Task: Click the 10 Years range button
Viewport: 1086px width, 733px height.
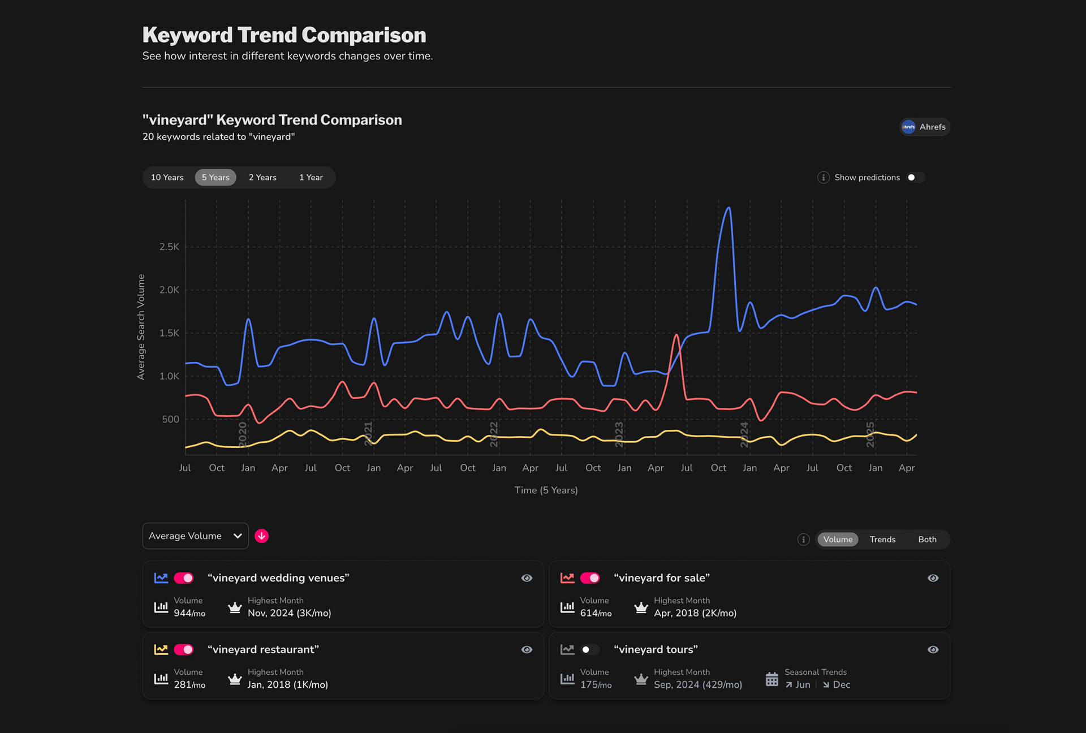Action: point(167,178)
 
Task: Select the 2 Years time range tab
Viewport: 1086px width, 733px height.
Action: point(262,178)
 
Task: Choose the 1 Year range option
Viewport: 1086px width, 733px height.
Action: point(311,178)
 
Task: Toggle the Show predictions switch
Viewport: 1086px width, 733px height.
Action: point(915,178)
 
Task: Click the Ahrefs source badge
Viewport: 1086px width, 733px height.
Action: point(925,127)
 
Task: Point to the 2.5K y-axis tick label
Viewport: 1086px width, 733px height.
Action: point(169,247)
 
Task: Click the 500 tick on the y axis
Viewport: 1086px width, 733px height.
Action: point(170,419)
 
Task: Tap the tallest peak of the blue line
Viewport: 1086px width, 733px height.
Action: point(729,208)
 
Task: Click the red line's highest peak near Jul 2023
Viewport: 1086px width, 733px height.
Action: point(676,335)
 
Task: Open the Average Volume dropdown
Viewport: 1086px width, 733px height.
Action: point(195,536)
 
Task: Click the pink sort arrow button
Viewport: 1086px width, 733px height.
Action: point(261,536)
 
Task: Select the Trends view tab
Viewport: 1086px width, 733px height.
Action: point(882,540)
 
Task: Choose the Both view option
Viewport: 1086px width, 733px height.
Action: point(927,540)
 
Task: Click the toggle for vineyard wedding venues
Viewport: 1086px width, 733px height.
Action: point(184,578)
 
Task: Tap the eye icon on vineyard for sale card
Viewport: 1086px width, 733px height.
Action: point(933,578)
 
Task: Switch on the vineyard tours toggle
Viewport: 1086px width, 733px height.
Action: point(589,649)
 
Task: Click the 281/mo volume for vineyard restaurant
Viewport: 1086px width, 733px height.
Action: point(189,684)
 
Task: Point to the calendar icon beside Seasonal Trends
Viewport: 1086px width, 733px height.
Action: point(772,679)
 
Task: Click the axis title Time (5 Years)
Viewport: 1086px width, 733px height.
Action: point(546,490)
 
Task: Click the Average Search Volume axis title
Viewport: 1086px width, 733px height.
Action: point(141,327)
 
